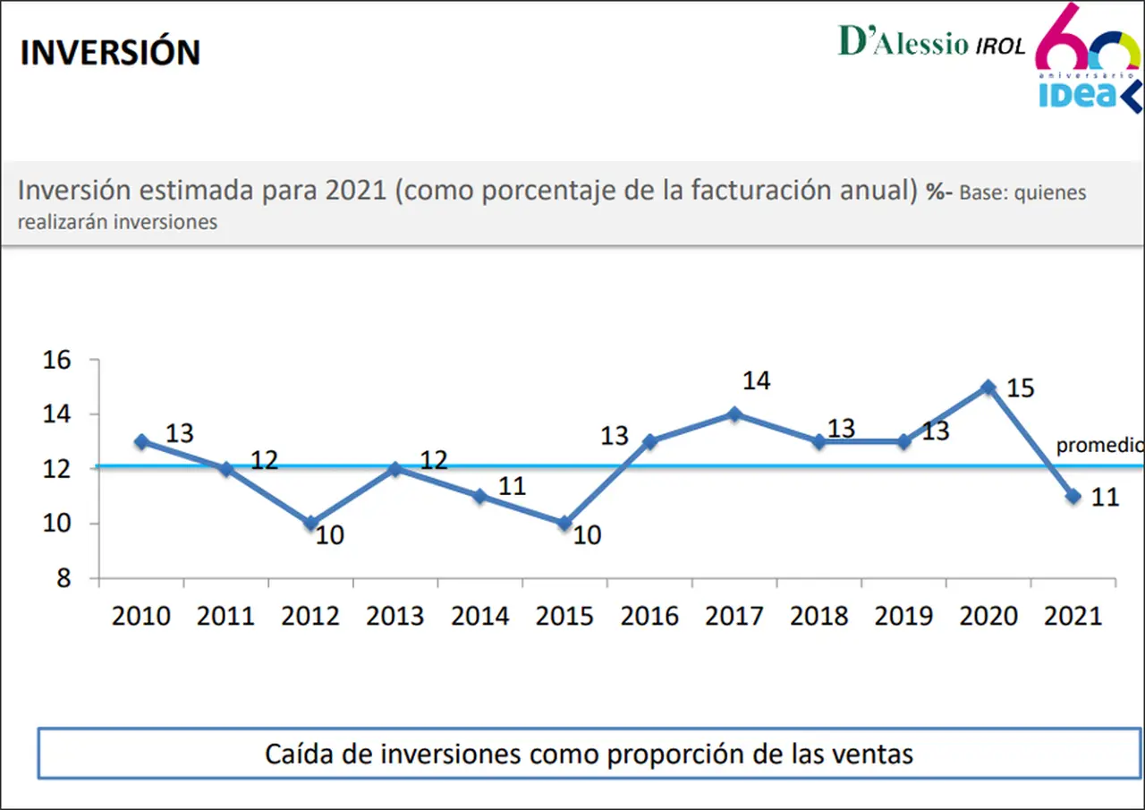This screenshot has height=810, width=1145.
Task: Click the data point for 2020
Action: click(x=988, y=388)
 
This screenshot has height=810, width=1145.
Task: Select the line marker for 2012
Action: click(x=310, y=523)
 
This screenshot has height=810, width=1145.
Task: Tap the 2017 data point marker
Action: click(x=734, y=414)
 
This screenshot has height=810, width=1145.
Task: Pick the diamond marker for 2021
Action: click(x=1073, y=496)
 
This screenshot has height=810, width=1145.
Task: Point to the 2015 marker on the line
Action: click(x=564, y=523)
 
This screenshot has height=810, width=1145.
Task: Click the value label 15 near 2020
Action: click(x=1021, y=388)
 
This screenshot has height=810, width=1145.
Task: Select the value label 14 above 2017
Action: click(x=757, y=381)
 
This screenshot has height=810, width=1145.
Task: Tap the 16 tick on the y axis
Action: click(x=56, y=360)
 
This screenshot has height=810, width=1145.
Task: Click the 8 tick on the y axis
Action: click(x=64, y=579)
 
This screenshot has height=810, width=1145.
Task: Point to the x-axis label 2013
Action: click(x=394, y=616)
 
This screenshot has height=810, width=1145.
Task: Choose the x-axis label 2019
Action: click(x=903, y=616)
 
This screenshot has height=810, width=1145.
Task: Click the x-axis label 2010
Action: click(x=140, y=616)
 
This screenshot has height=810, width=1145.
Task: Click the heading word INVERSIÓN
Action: click(x=110, y=51)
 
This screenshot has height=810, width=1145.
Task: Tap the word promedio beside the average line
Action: click(x=1100, y=446)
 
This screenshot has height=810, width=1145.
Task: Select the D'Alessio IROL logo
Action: click(x=932, y=41)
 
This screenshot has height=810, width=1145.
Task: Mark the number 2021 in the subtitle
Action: click(x=356, y=190)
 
